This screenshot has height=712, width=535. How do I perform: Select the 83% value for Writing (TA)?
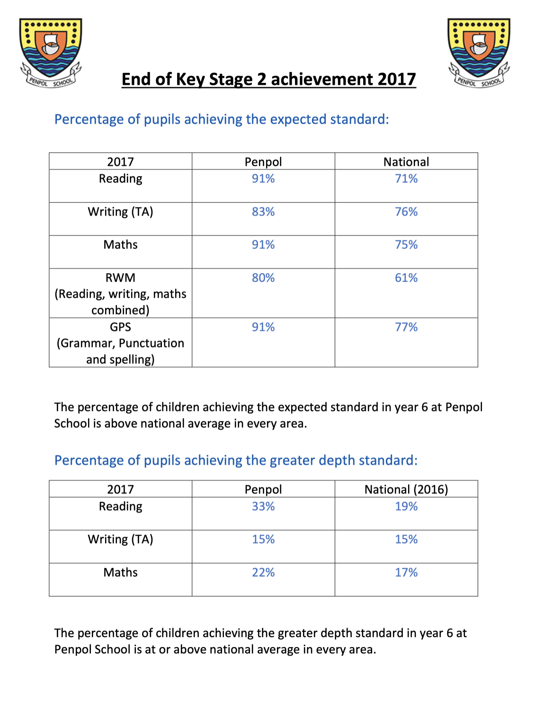(263, 212)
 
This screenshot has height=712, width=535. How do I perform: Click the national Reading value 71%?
(406, 179)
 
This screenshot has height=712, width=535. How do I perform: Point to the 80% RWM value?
(263, 278)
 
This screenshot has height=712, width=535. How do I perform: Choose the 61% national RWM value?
(406, 278)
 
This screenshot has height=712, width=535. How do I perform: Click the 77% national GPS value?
(406, 327)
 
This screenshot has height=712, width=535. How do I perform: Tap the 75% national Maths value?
(406, 245)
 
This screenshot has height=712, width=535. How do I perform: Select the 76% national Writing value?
(406, 212)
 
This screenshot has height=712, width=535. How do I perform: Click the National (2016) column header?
(406, 489)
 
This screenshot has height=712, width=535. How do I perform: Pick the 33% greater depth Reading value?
(263, 507)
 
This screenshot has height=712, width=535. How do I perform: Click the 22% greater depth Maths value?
(263, 572)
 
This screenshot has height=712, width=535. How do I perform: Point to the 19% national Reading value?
(406, 507)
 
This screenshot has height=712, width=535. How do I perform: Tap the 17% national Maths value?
(406, 572)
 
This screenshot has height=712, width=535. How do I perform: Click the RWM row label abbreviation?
(120, 278)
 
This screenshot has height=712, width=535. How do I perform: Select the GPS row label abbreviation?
(120, 327)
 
